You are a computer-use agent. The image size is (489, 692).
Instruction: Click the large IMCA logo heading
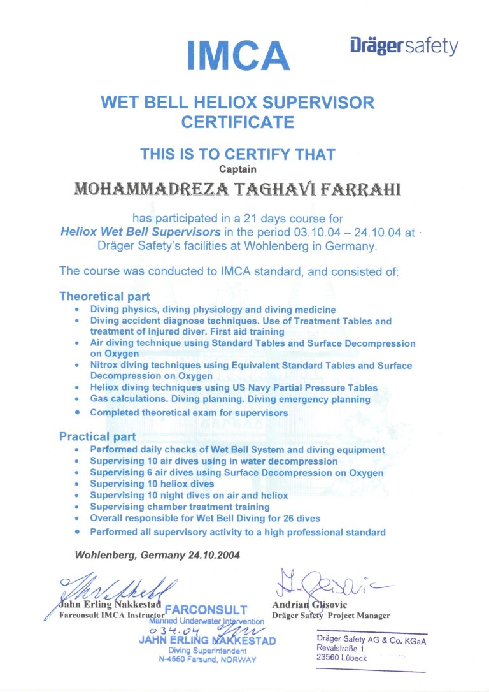click(x=239, y=55)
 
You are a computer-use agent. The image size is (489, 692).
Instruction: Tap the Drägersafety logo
click(x=404, y=47)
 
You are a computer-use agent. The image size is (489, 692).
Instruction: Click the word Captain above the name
click(x=238, y=169)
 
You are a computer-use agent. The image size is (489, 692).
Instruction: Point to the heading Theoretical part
click(x=104, y=296)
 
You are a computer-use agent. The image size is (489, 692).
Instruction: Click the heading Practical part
click(x=97, y=436)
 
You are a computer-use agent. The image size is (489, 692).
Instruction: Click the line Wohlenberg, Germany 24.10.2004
click(x=157, y=554)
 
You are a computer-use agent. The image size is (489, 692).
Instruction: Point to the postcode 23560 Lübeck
click(x=342, y=658)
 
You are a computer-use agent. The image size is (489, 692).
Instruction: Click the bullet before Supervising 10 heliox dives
click(x=77, y=484)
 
